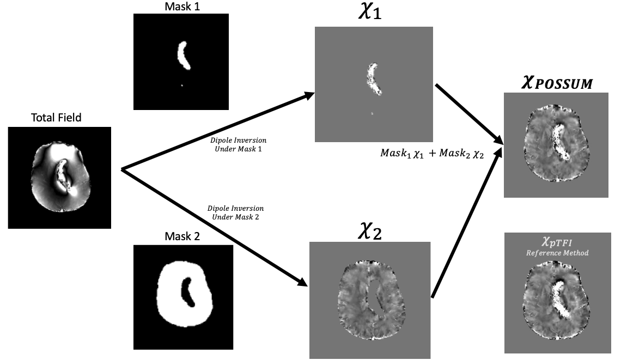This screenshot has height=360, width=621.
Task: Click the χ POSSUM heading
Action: point(555,83)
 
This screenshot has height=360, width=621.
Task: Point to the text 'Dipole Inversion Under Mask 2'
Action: point(235,213)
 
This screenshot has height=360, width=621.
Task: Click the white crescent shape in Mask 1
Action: point(184,56)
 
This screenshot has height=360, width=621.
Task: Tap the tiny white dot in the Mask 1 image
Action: point(181,85)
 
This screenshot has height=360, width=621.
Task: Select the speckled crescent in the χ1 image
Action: point(373,79)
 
